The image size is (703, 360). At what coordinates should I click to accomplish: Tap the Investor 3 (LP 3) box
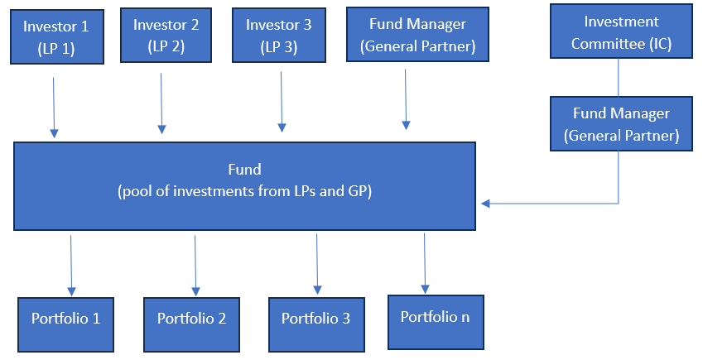(278, 35)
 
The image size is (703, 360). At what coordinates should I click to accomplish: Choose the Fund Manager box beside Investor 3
(417, 35)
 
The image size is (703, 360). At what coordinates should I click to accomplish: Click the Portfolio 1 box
(65, 319)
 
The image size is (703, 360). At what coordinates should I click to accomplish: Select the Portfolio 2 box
(191, 319)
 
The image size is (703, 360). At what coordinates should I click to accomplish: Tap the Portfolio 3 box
(315, 319)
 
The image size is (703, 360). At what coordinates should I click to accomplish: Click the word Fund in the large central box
(244, 170)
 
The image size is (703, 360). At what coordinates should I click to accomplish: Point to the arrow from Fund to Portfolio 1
(71, 265)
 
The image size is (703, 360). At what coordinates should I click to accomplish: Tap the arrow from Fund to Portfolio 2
(195, 265)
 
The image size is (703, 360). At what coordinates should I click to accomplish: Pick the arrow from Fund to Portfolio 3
(317, 263)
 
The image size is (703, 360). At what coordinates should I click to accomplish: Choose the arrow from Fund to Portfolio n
(425, 262)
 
